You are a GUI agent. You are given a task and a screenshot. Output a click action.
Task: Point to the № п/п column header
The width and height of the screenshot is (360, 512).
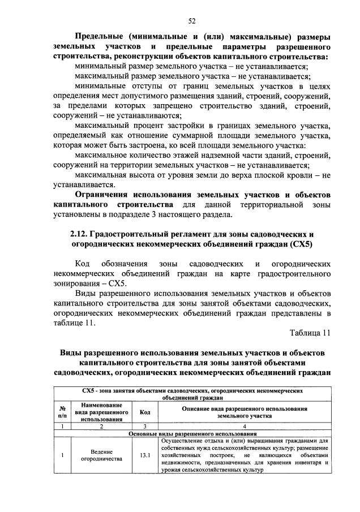tap(62, 412)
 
